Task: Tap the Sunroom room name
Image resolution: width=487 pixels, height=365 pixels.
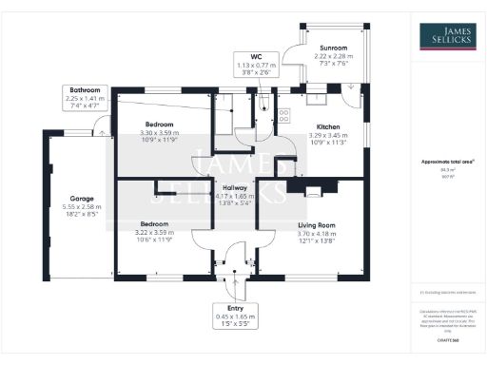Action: tap(333, 48)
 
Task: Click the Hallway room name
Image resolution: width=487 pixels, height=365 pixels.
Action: tap(234, 188)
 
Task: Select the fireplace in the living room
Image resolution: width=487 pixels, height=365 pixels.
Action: tap(310, 190)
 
